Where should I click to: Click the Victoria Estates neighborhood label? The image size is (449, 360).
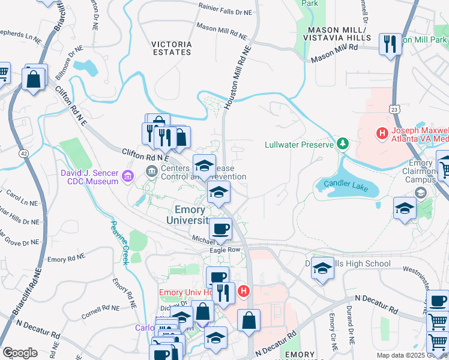(x=172, y=48)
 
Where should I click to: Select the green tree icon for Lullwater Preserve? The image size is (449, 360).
(x=342, y=143)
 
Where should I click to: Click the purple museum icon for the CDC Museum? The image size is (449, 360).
(x=127, y=176)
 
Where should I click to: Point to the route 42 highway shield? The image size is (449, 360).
(x=23, y=154)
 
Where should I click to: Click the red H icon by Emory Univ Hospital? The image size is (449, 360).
(x=243, y=292)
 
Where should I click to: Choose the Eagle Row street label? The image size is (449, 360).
(x=224, y=250)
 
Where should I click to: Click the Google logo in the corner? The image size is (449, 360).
(x=20, y=353)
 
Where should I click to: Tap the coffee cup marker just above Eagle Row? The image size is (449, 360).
(x=220, y=229)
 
